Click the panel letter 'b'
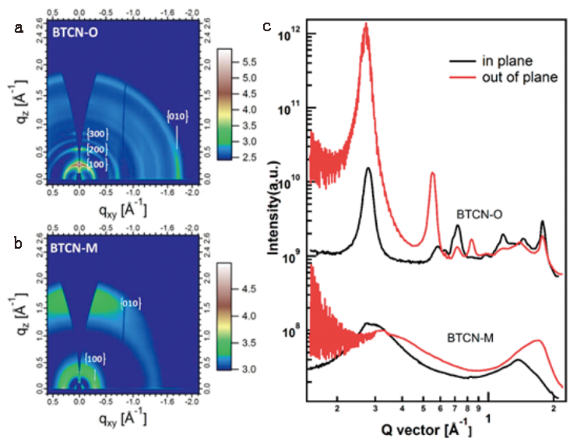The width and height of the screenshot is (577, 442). (x=17, y=239)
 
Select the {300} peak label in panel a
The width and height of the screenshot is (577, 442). (x=96, y=134)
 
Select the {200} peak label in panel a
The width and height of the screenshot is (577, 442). (x=96, y=149)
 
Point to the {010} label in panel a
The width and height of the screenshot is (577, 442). (x=177, y=117)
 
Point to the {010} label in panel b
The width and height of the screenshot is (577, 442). (x=129, y=302)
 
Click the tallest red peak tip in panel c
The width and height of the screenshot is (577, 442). (x=365, y=23)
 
